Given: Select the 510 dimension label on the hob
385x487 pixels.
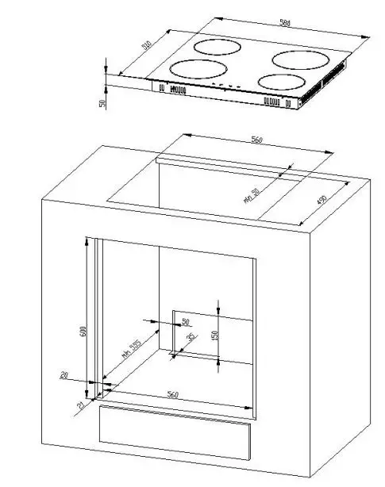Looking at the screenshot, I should point(147,46).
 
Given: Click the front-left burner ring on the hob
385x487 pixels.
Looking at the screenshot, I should point(194,71).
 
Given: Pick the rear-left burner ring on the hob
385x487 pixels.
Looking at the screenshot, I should point(217,47).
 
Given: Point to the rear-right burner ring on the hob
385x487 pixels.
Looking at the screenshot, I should point(302,59).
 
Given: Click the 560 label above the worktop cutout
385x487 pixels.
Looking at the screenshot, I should point(256,140).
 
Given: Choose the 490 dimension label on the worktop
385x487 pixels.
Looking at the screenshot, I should point(322,201).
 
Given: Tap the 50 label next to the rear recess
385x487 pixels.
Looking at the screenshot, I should point(186,321).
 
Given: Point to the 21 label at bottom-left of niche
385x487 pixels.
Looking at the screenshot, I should point(81,406).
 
